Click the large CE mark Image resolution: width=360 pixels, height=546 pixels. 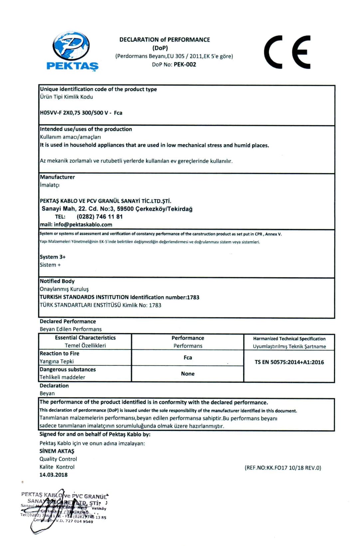[x=287, y=52]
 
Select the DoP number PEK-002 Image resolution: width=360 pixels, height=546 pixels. [x=185, y=65]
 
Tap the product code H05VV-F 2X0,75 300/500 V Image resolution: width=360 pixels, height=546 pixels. [x=74, y=113]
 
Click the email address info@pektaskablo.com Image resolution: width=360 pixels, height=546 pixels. [x=83, y=224]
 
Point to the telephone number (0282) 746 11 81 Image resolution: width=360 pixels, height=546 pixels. [x=99, y=216]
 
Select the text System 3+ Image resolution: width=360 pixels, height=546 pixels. [x=53, y=257]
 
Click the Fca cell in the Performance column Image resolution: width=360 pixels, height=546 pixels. [x=188, y=357]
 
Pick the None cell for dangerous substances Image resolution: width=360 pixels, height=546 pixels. [x=188, y=373]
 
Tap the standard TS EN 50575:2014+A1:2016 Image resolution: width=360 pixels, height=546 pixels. [x=289, y=362]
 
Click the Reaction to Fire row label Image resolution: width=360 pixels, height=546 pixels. [x=60, y=353]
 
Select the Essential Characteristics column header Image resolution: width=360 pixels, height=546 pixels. [x=85, y=338]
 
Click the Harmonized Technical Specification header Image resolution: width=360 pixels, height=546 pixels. [x=289, y=339]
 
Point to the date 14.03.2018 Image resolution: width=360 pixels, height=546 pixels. [x=54, y=475]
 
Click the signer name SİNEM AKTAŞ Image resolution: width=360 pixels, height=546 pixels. [x=57, y=451]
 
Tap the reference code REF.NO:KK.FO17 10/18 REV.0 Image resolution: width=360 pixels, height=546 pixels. [x=283, y=468]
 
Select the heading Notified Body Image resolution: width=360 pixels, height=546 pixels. [x=57, y=281]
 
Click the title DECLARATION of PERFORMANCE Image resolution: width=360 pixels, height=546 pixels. [x=165, y=40]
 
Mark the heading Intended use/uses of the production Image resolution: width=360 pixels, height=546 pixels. [x=86, y=129]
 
